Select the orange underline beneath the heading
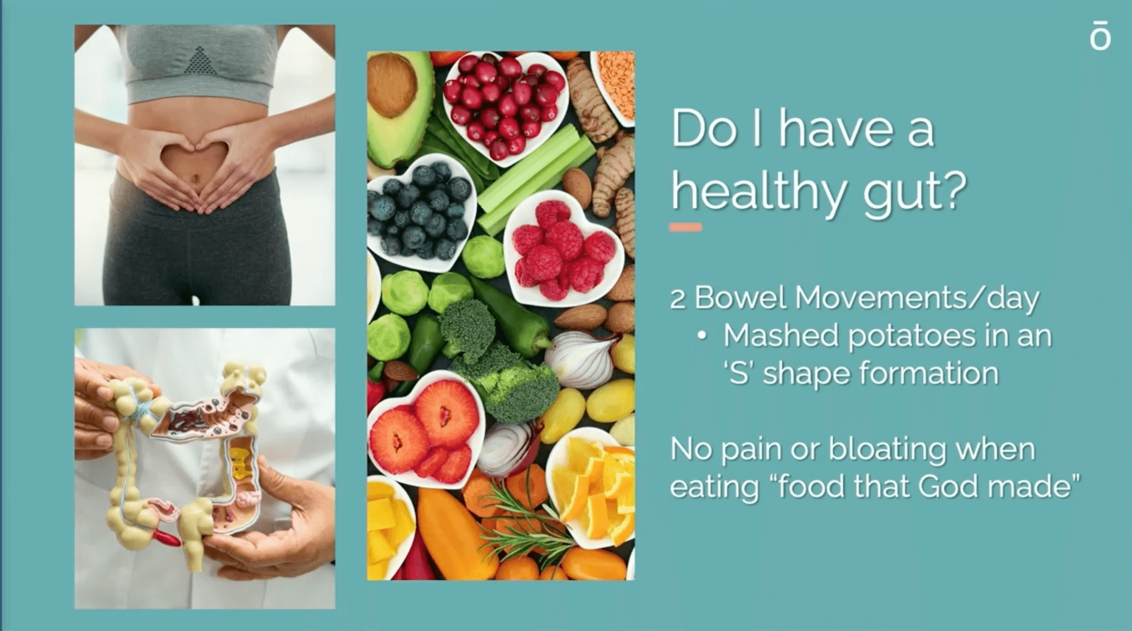[x=685, y=227]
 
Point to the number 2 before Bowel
[x=678, y=299]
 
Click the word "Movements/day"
[x=917, y=299]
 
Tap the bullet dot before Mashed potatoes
[x=702, y=336]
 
